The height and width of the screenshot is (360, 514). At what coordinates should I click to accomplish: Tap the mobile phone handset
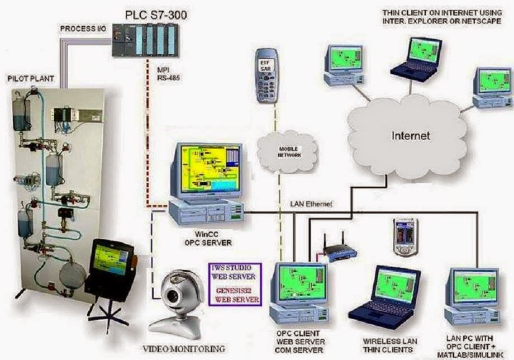point(266,75)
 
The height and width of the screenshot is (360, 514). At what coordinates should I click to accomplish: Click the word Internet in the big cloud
point(411,135)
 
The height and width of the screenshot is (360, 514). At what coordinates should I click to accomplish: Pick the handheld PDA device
point(404,236)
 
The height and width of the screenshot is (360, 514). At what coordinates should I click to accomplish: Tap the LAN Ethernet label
point(311,204)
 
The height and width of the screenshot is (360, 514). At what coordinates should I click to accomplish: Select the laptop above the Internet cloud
point(416,56)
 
